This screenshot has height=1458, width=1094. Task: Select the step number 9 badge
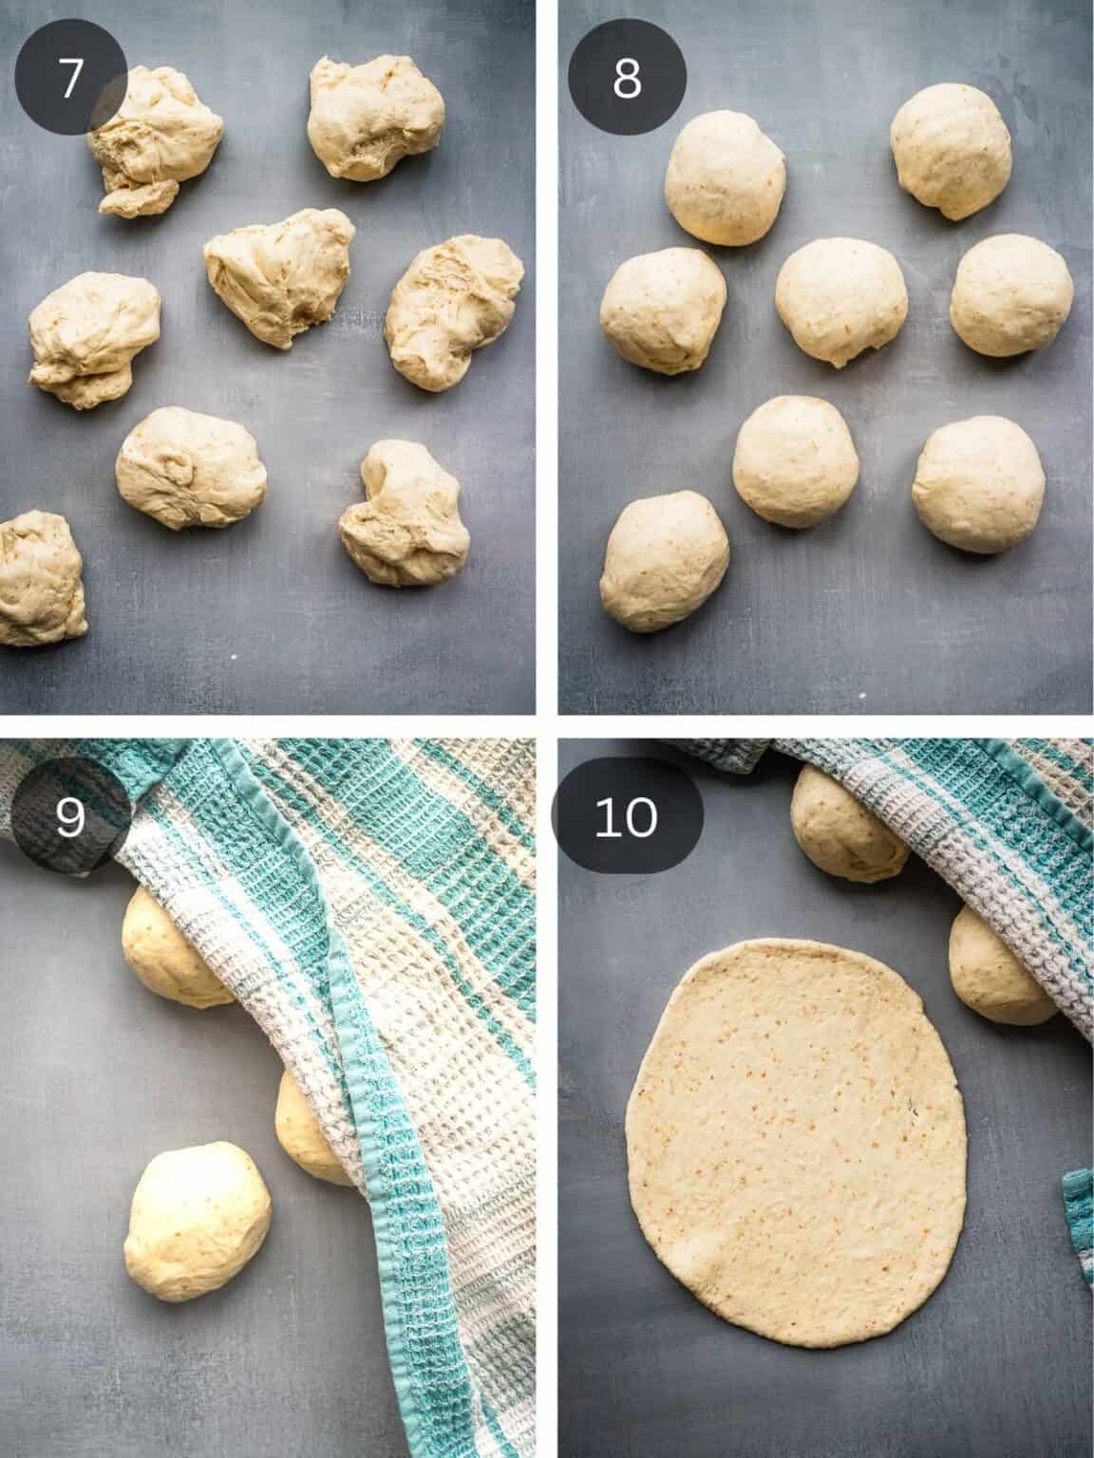click(70, 818)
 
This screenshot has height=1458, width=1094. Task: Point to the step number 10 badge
click(627, 818)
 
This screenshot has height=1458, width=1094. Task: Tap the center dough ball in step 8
click(841, 301)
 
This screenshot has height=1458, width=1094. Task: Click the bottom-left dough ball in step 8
click(666, 560)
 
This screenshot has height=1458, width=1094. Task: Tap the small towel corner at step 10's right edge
click(1078, 1215)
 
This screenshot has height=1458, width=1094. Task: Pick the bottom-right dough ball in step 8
click(979, 485)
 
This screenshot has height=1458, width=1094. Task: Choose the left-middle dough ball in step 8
click(663, 310)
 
